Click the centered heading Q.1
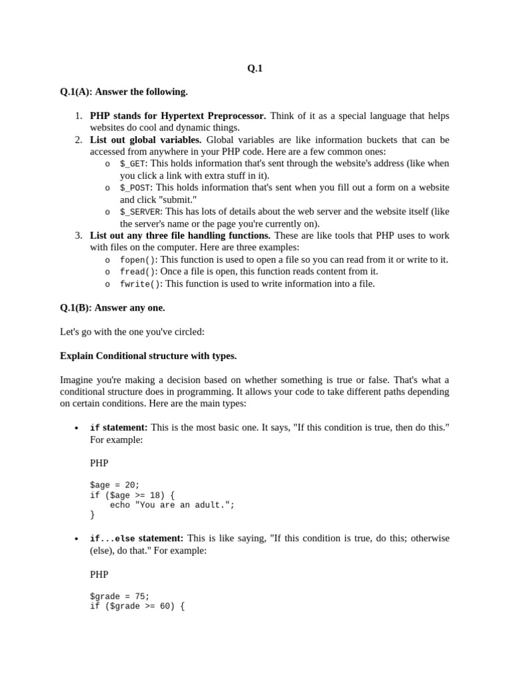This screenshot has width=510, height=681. [x=255, y=68]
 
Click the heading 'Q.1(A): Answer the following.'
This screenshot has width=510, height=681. [x=124, y=92]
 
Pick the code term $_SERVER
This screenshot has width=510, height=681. [x=140, y=211]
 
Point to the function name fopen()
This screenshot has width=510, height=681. [x=137, y=259]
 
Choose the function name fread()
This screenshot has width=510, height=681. [x=137, y=271]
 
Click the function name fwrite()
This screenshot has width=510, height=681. [x=140, y=284]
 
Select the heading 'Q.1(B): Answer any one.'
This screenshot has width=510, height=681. [x=112, y=308]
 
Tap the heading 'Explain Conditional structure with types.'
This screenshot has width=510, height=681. [x=148, y=356]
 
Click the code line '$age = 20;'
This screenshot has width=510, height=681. [x=115, y=485]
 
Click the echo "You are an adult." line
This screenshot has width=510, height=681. [x=172, y=505]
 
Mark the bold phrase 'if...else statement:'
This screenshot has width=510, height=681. [x=136, y=538]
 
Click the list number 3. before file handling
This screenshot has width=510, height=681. [x=78, y=235]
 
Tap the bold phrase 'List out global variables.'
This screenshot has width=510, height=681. [x=145, y=140]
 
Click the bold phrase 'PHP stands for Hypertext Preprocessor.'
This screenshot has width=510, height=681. [x=177, y=116]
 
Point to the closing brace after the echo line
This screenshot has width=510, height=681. [x=92, y=515]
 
